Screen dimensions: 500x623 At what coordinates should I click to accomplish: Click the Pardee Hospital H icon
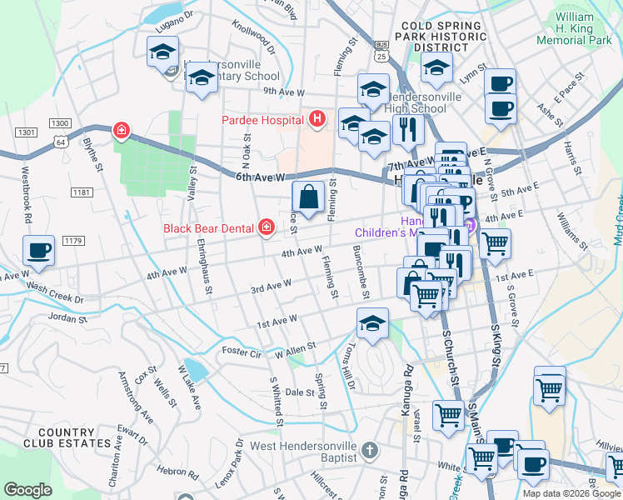coord(316,120)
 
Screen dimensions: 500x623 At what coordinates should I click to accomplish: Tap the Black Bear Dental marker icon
coord(267,227)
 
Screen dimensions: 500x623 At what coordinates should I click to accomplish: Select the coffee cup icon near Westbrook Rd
coord(39,250)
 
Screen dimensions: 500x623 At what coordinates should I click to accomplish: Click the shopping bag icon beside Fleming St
coord(308,197)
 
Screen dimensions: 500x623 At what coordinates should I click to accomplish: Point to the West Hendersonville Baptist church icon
coord(371,451)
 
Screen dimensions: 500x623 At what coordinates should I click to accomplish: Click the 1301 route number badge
coord(26,132)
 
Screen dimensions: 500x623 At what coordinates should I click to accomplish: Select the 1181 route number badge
coord(81,192)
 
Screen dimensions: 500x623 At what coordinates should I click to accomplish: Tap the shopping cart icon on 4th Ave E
coord(495,243)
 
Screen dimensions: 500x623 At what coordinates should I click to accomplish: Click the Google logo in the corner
coord(27,489)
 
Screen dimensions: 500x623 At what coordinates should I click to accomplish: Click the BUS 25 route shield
coord(381,51)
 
